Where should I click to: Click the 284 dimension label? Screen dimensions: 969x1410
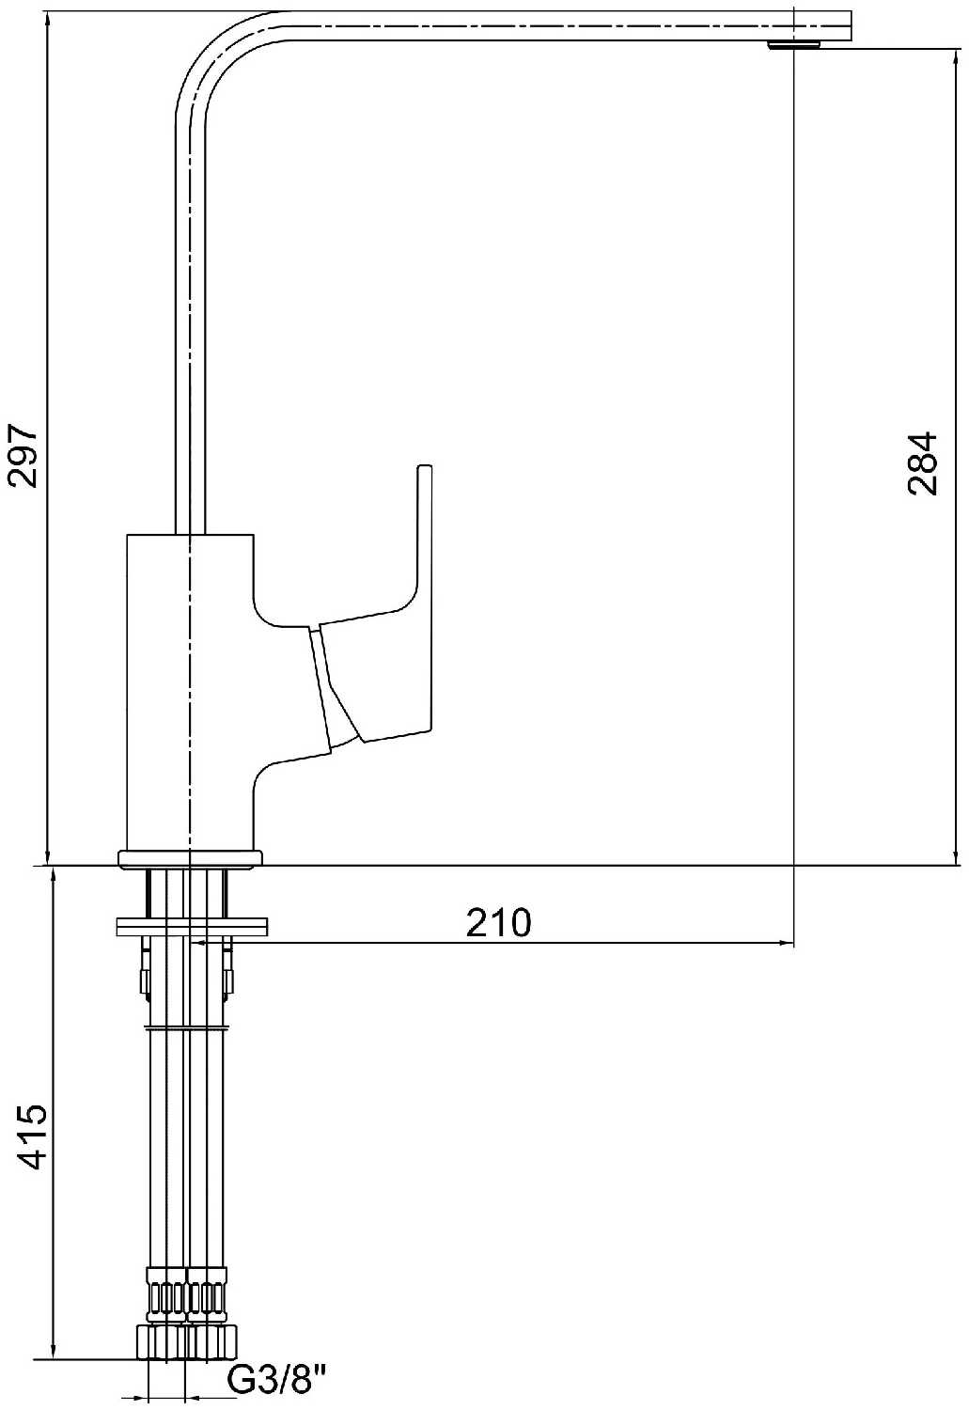(x=922, y=464)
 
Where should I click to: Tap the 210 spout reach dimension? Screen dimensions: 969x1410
(x=498, y=923)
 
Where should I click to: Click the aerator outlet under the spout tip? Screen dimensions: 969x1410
(x=795, y=44)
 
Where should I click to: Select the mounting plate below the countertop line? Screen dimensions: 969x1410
(x=192, y=927)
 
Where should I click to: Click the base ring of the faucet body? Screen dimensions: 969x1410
(x=190, y=859)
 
